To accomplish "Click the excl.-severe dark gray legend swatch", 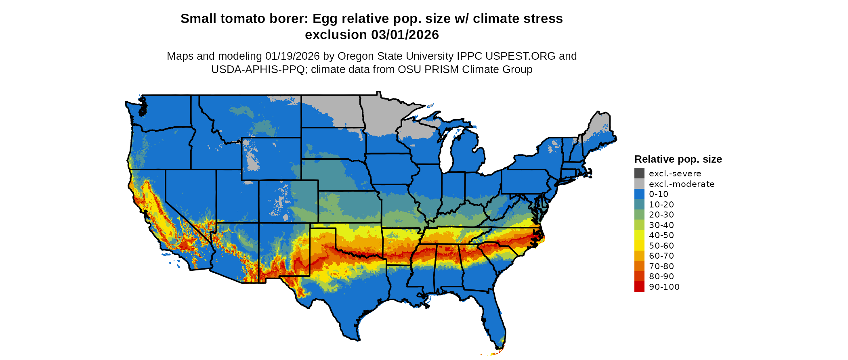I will pos(639,174).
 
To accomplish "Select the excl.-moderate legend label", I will pos(682,184).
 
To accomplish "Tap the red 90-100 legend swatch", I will pos(639,287).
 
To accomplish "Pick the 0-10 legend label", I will pos(659,194).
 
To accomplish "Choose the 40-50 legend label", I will pos(661,235).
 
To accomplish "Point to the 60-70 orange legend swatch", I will pos(639,256).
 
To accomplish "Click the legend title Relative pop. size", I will pos(678,159).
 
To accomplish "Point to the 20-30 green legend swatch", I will pos(639,215).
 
